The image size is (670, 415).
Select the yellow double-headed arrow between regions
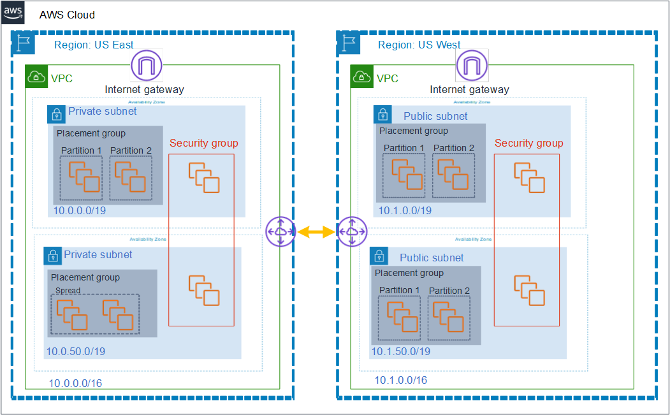coord(316,233)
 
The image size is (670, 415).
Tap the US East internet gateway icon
coord(146,66)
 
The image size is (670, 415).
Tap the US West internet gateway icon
coord(471,66)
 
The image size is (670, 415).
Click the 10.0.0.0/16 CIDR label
coord(75,383)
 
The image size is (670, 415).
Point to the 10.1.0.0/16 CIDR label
coord(400,380)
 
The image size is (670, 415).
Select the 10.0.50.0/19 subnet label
coord(75,351)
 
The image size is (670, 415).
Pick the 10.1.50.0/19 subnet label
coord(400,351)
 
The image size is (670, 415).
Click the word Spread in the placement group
coord(68,290)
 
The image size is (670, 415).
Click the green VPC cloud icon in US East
coord(37,78)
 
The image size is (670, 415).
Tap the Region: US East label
coord(94,45)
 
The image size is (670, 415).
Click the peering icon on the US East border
coord(280,231)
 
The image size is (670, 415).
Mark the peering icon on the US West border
coord(352,231)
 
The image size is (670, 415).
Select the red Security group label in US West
coord(528,143)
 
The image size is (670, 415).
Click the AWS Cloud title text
coord(67,15)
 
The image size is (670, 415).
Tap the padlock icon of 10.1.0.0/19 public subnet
coord(382,115)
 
